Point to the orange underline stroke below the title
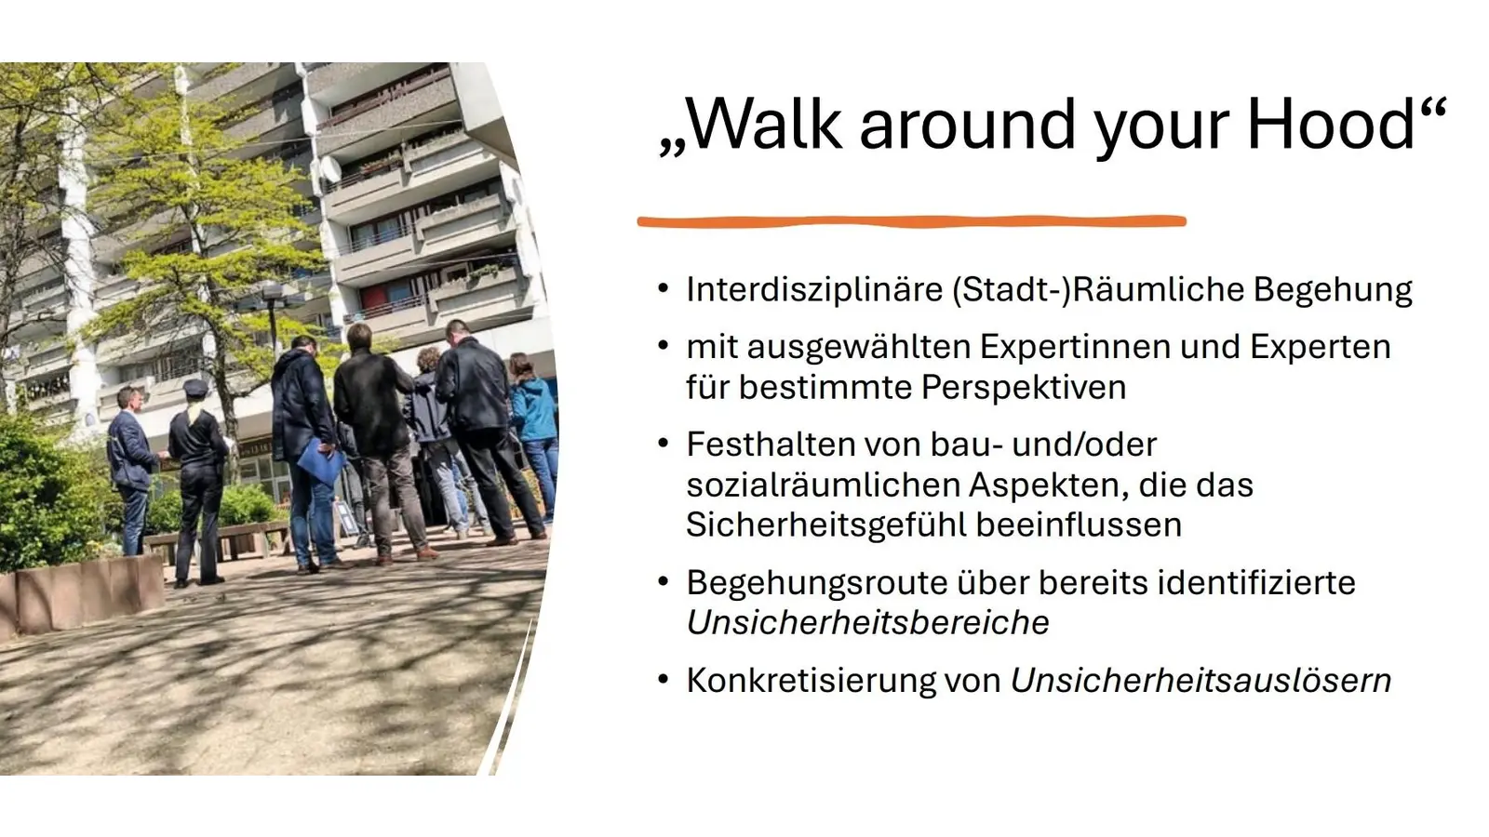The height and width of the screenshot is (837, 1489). coord(912,221)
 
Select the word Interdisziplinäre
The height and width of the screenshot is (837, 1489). coord(814,289)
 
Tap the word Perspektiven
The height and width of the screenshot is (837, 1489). coord(1024,387)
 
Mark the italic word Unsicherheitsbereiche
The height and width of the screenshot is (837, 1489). coord(867,623)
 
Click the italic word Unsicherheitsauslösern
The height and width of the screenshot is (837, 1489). coord(1201,681)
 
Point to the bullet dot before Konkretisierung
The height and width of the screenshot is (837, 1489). coord(663,679)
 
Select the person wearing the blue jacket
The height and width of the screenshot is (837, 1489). coord(533,409)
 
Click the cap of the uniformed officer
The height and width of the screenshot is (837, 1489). coord(195,387)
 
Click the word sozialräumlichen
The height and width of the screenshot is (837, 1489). coord(823,485)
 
